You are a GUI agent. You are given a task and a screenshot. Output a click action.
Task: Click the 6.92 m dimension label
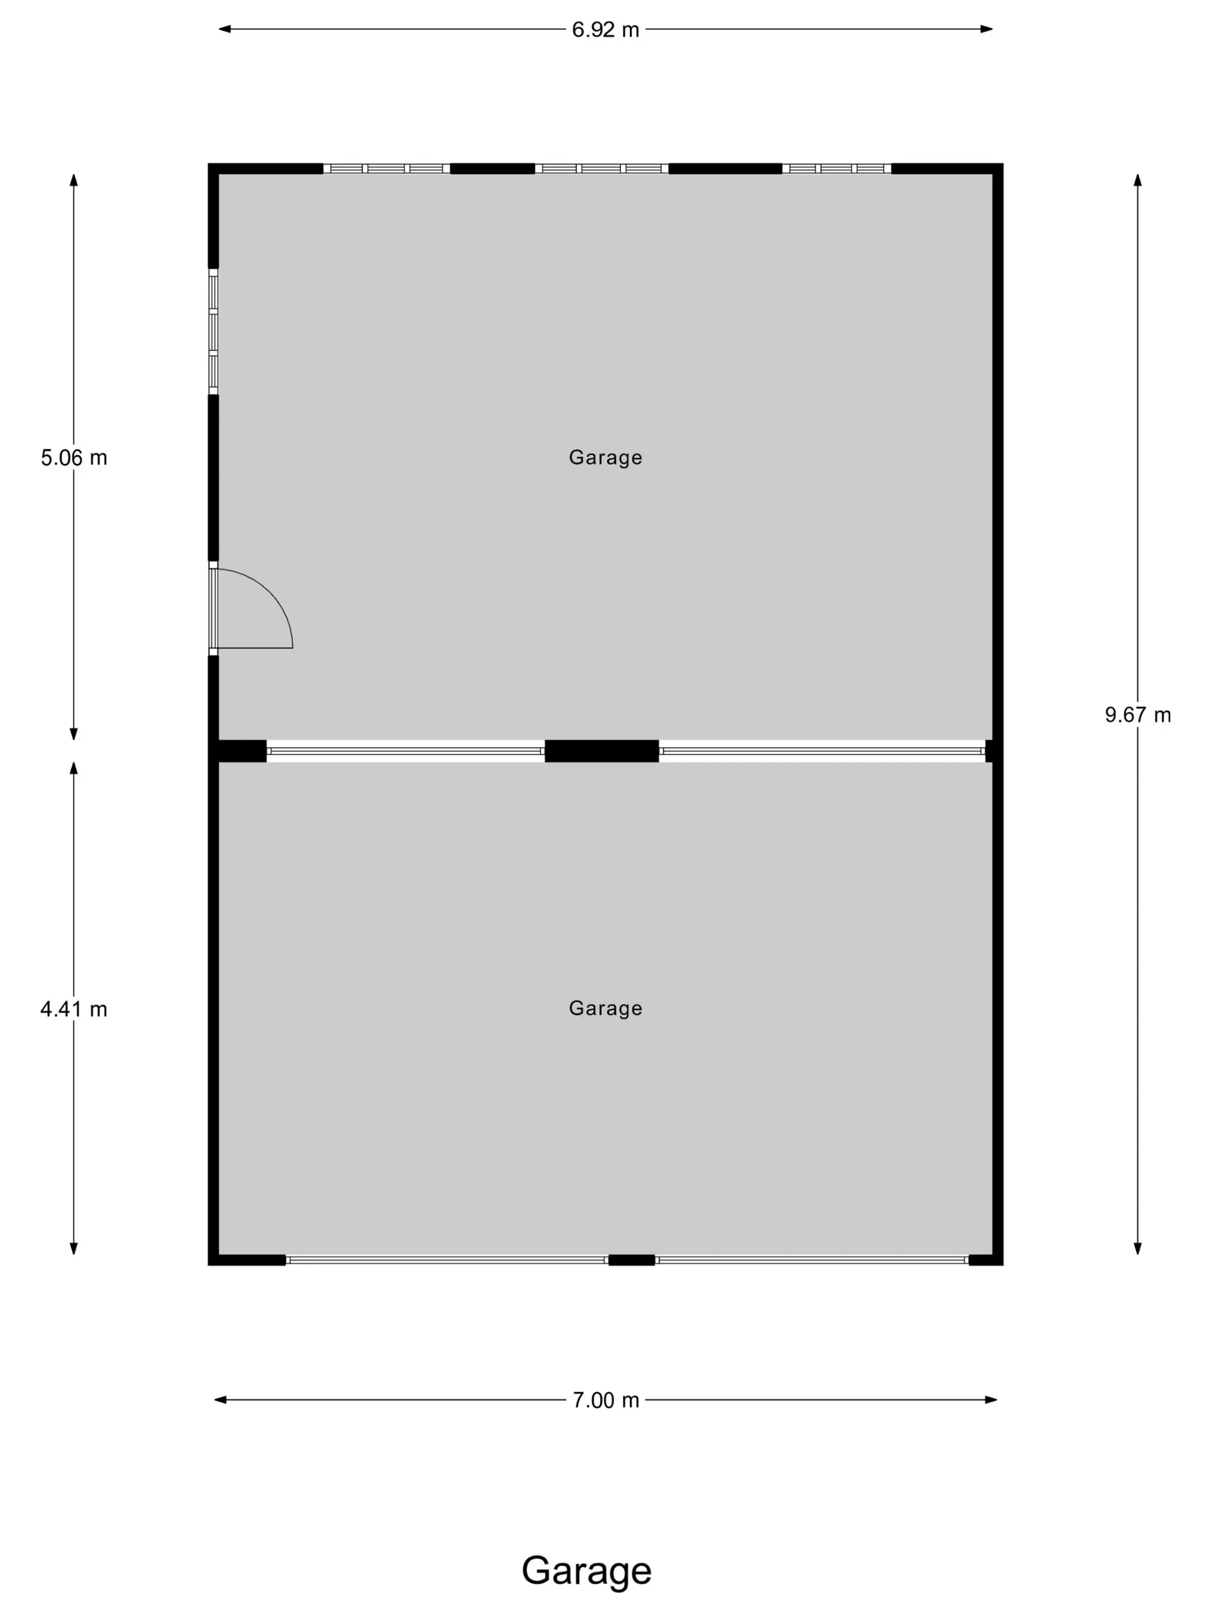[x=605, y=30]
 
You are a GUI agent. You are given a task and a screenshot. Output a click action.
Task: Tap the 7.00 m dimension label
[x=605, y=1400]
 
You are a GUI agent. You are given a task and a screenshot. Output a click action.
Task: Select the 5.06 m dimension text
[x=74, y=458]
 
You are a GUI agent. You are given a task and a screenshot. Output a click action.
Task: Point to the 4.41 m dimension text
[x=74, y=1009]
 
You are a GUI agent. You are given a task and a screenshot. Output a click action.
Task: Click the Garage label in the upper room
[x=605, y=458]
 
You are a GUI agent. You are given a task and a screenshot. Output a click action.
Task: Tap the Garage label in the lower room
[x=605, y=1008]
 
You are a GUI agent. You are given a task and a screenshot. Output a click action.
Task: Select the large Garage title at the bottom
[x=586, y=1570]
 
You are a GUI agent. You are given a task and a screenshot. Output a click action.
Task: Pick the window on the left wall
[x=213, y=331]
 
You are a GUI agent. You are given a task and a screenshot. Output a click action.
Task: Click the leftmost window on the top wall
[x=386, y=168]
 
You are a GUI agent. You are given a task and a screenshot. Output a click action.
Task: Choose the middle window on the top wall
[x=601, y=168]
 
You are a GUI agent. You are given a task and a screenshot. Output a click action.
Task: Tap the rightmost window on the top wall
[x=837, y=168]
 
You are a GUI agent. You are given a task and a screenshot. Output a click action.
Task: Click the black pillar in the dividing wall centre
[x=601, y=751]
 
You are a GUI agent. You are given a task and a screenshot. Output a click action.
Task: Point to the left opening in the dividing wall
[x=406, y=751]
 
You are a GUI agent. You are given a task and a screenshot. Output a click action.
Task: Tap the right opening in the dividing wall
[x=822, y=751]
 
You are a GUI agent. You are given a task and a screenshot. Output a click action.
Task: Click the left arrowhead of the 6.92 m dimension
[x=225, y=30]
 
